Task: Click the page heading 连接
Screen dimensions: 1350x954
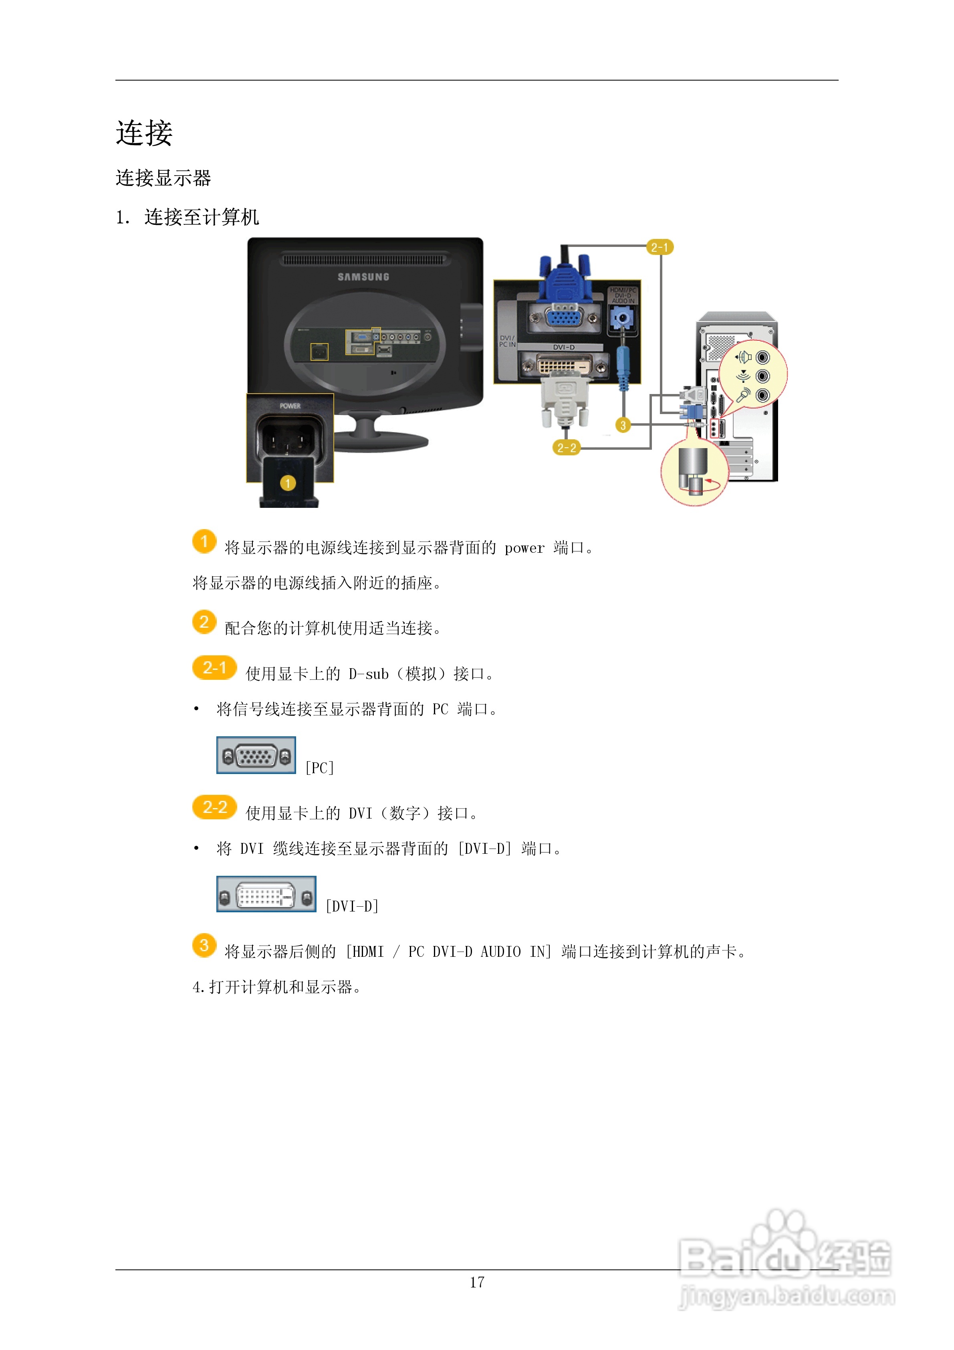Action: (x=144, y=133)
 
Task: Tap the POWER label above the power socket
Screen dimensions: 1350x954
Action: (x=290, y=406)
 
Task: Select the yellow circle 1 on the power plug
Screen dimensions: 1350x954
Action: (x=287, y=483)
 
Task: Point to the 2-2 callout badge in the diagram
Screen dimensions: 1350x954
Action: (x=567, y=448)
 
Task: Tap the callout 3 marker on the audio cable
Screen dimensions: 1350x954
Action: (x=623, y=425)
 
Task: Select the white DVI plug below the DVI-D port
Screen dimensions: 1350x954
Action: (x=564, y=400)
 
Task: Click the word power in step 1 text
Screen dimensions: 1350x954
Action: (x=524, y=548)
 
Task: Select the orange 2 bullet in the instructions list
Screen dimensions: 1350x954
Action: (x=204, y=622)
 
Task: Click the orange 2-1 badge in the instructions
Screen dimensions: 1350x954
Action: (x=214, y=668)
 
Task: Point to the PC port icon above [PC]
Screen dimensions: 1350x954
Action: (x=256, y=756)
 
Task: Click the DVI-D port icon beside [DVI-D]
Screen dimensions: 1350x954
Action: (x=266, y=894)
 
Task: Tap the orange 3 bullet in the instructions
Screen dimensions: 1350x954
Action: (x=204, y=946)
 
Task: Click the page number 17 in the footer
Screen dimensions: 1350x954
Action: (x=477, y=1282)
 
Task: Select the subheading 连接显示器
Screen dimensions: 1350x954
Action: (x=163, y=178)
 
